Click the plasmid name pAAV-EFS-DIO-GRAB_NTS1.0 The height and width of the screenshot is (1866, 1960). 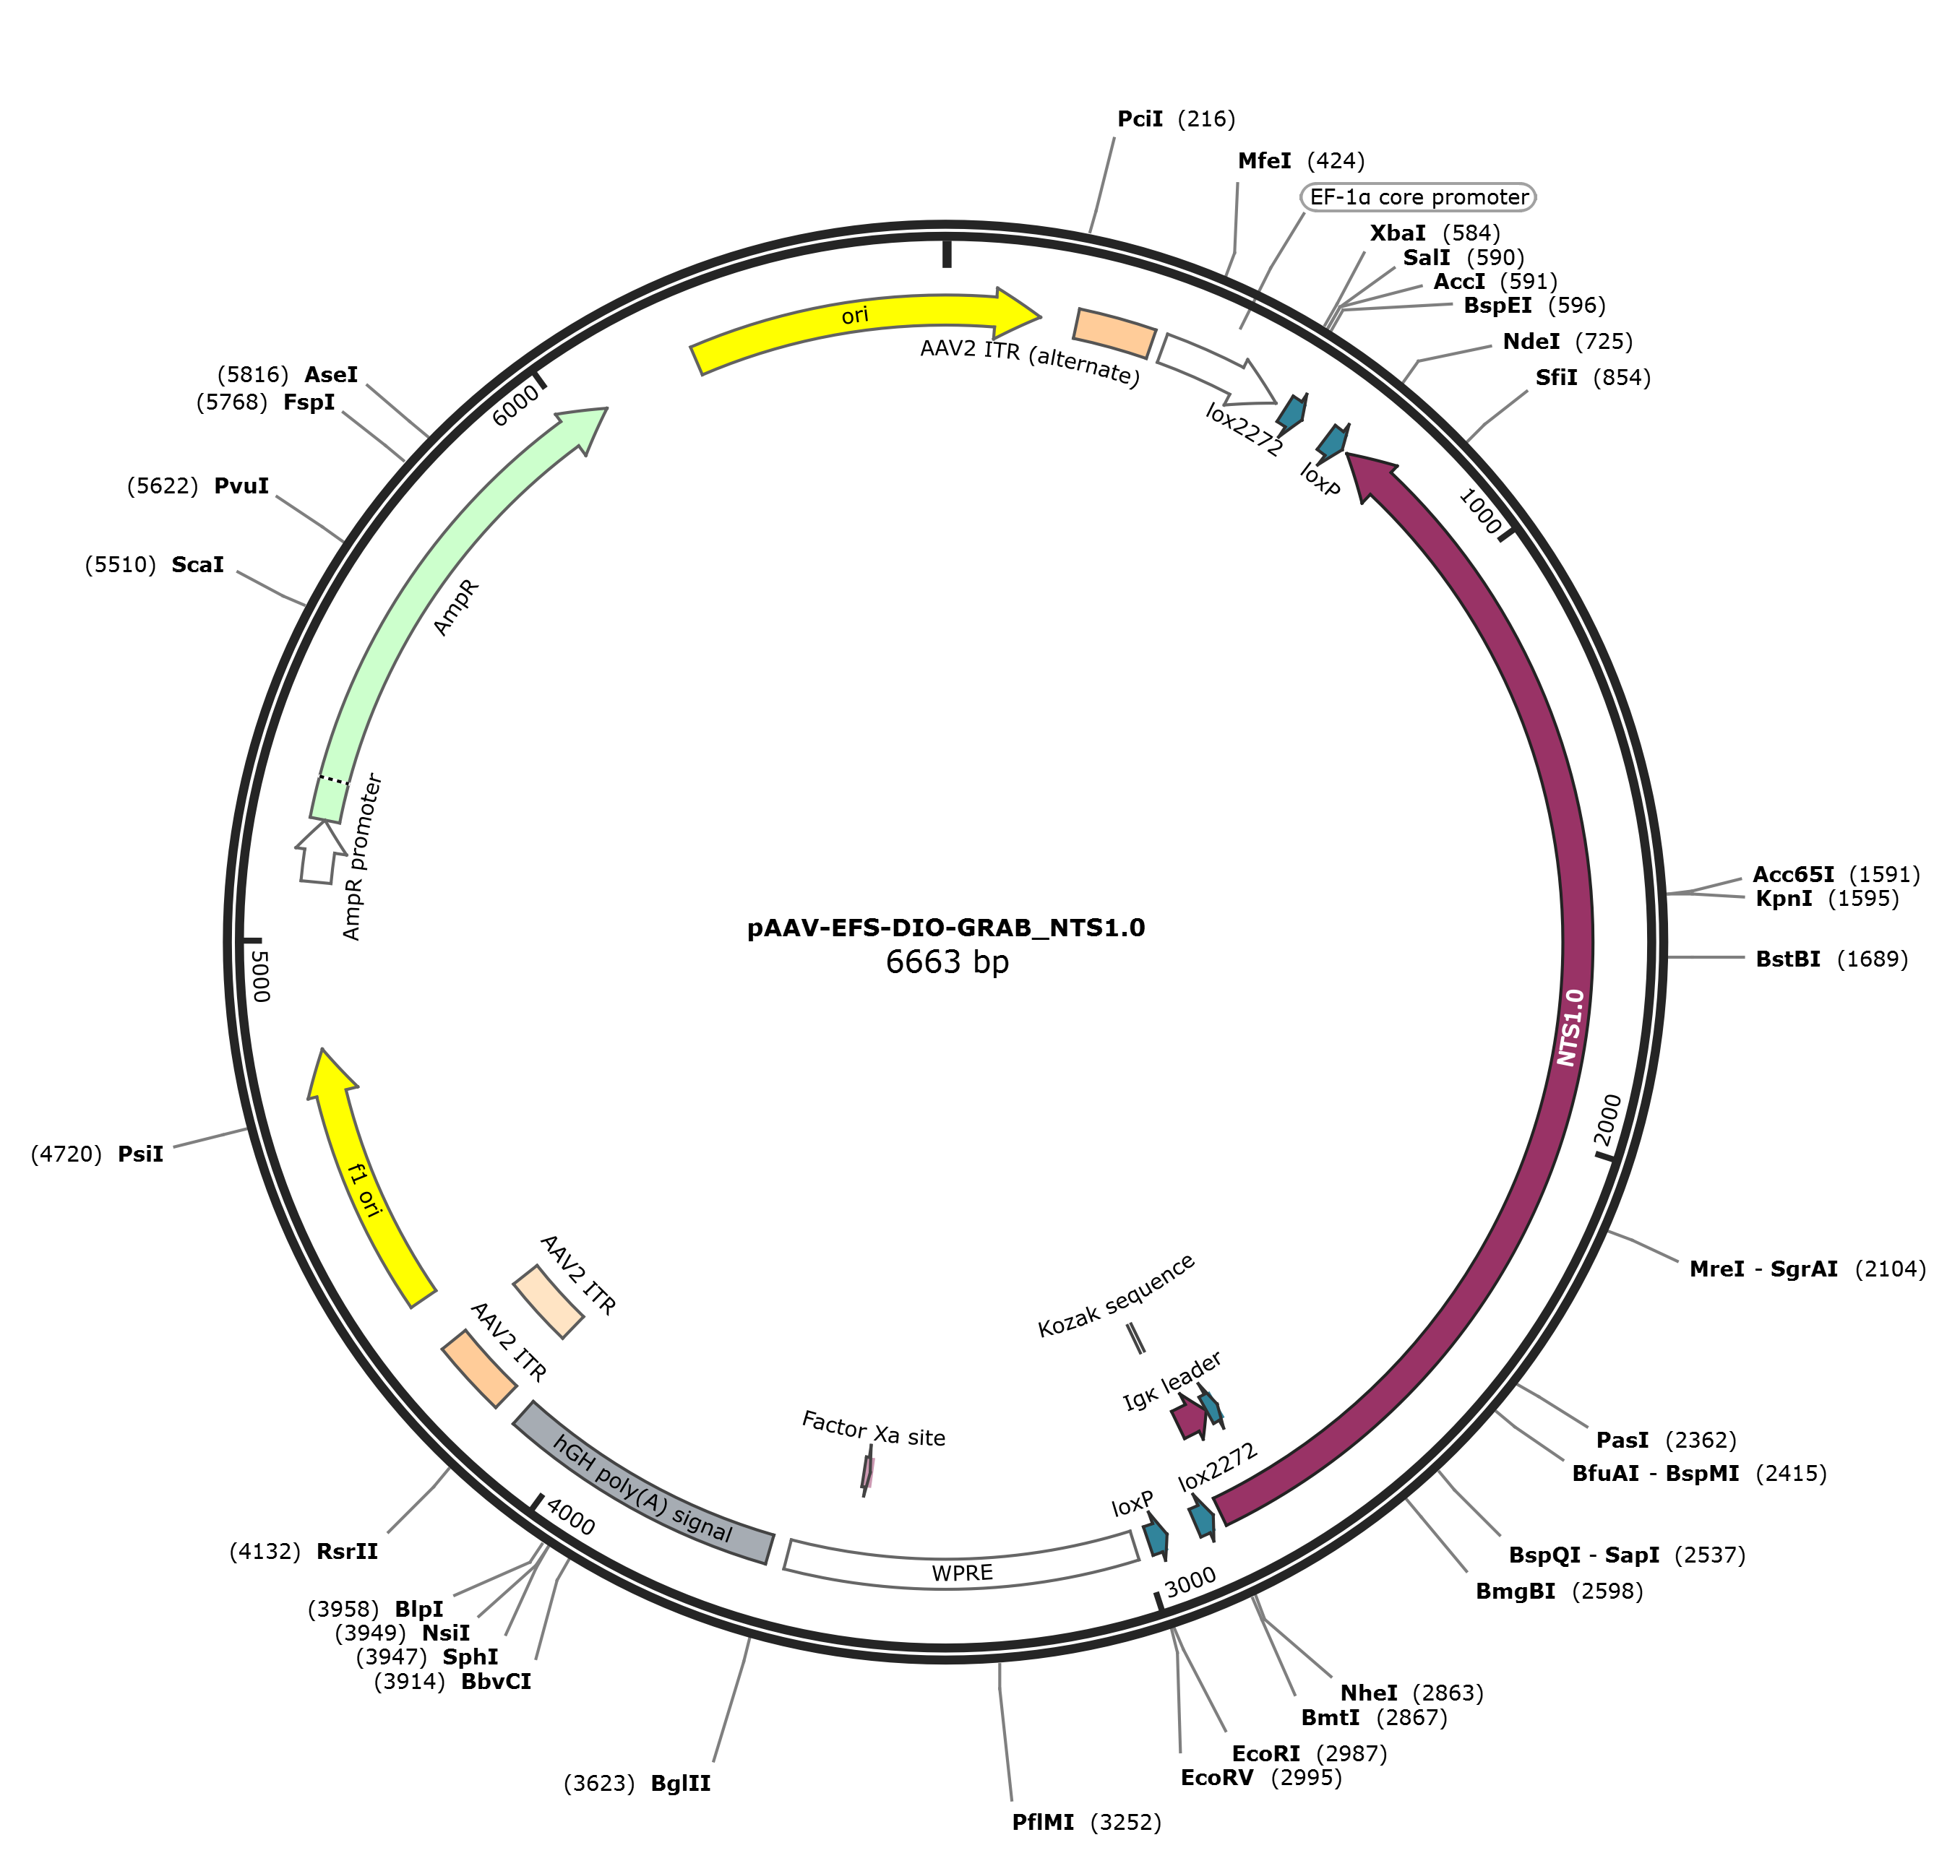(946, 928)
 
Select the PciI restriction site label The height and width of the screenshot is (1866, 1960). (1176, 119)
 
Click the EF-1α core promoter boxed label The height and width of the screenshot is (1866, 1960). (1419, 197)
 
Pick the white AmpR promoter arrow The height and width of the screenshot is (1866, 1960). (317, 852)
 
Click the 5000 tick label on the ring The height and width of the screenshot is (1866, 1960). (259, 976)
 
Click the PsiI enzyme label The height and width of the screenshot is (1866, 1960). (97, 1154)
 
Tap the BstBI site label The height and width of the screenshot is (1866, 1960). (1831, 959)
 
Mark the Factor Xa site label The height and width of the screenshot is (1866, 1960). (874, 1430)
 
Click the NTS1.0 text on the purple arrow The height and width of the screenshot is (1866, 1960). (1569, 1027)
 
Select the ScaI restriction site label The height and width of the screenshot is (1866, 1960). (154, 565)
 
